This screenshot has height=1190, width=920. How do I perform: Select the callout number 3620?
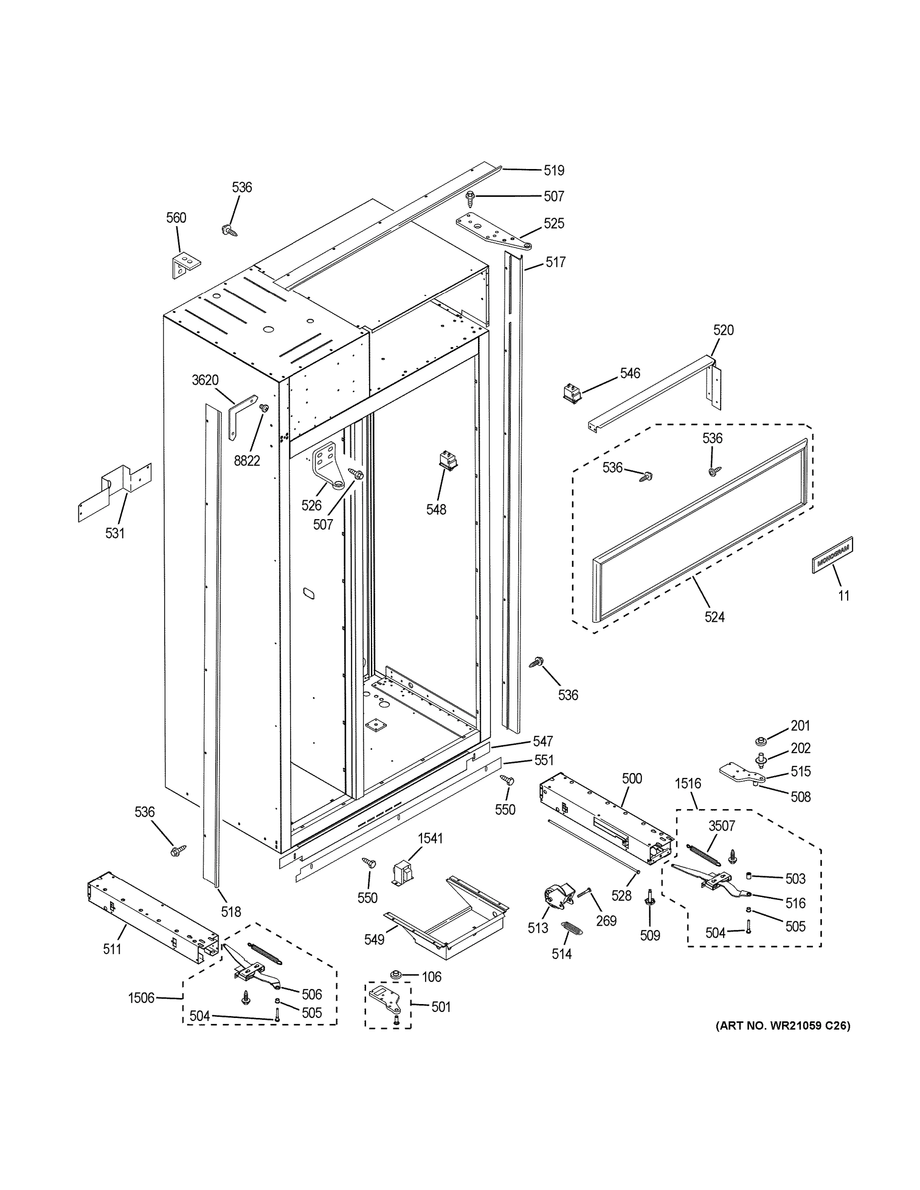pyautogui.click(x=205, y=380)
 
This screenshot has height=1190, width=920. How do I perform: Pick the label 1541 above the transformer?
pyautogui.click(x=430, y=838)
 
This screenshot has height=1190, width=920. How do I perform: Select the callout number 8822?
pyautogui.click(x=247, y=461)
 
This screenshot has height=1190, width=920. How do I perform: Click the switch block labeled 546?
pyautogui.click(x=572, y=392)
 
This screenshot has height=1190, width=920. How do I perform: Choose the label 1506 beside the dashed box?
pyautogui.click(x=141, y=998)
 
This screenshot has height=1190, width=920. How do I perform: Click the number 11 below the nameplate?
pyautogui.click(x=843, y=595)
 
